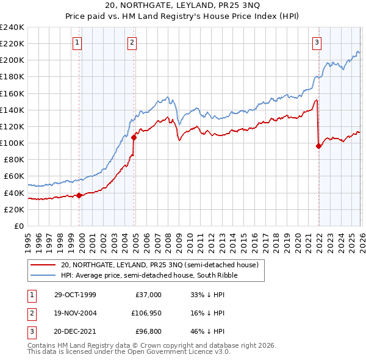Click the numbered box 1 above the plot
click(78, 42)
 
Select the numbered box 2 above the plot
click(132, 42)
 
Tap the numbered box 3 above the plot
click(317, 42)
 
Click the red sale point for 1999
click(79, 195)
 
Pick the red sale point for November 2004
click(134, 137)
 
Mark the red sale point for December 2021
click(318, 146)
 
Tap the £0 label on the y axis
click(18, 226)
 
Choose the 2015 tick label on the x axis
click(243, 241)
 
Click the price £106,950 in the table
click(145, 312)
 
